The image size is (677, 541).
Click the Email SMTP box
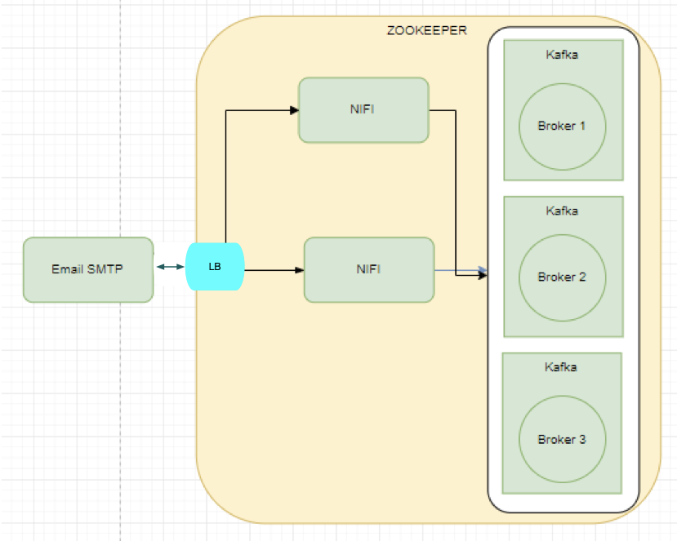(88, 269)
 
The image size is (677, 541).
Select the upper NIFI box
(363, 110)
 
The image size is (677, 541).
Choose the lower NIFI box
(368, 269)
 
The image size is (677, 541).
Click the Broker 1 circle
(562, 126)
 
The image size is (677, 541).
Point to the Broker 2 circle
(562, 277)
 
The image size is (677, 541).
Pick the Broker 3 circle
(562, 439)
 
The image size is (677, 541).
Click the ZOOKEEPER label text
(426, 31)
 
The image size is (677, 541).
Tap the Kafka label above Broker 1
(562, 55)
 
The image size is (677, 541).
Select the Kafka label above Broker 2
(562, 211)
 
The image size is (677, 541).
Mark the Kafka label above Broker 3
(561, 367)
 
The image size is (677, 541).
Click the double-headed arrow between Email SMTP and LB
(170, 267)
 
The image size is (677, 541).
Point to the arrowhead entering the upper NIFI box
(294, 109)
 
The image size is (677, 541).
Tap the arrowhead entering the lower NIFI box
(299, 269)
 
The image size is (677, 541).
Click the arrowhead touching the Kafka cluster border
(483, 275)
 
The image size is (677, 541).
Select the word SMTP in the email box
(105, 269)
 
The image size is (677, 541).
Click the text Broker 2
(562, 277)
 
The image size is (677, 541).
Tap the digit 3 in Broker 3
(582, 439)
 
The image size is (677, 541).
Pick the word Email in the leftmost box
(68, 269)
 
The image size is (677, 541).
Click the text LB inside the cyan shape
(216, 267)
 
